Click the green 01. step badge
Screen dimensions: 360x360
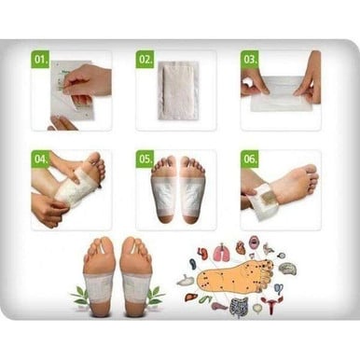(40, 59)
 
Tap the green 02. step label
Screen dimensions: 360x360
(145, 60)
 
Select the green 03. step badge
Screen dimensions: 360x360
(249, 59)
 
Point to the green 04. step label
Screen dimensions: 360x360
(41, 159)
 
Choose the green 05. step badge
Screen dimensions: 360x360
(145, 159)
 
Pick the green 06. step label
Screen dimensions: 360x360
(249, 159)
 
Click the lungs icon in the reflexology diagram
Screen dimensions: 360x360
(221, 252)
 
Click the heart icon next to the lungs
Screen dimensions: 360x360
(240, 248)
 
